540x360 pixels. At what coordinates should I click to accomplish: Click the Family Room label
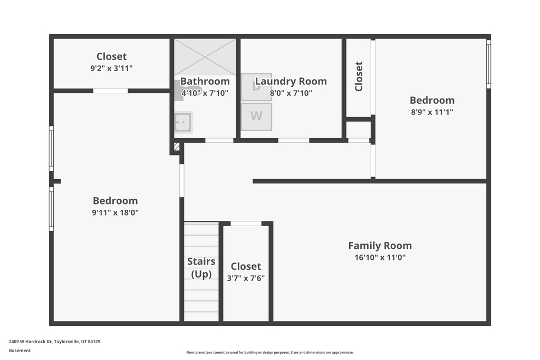[x=380, y=246]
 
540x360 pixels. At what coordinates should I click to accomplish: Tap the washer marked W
[x=257, y=116]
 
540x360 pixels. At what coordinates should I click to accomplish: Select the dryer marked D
[x=257, y=87]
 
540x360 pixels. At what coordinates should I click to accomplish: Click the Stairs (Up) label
[x=201, y=267]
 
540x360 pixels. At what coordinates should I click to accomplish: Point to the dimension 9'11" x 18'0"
[x=115, y=212]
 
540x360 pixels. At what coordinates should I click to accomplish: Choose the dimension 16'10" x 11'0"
[x=380, y=257]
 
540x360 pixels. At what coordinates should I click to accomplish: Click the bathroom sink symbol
[x=183, y=122]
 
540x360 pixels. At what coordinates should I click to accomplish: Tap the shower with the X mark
[x=205, y=57]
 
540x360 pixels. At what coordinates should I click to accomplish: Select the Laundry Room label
[x=291, y=81]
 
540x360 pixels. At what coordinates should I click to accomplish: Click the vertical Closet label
[x=359, y=76]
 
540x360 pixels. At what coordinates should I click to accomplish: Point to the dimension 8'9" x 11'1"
[x=432, y=112]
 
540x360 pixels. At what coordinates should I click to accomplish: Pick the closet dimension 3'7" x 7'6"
[x=246, y=278]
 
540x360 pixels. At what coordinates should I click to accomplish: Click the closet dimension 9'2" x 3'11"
[x=111, y=68]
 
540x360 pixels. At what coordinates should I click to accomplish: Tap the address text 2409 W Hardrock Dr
[x=30, y=342]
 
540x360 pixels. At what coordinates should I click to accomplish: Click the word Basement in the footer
[x=20, y=351]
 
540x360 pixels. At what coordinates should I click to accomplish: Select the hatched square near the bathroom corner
[x=177, y=147]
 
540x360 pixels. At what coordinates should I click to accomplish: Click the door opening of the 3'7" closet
[x=246, y=223]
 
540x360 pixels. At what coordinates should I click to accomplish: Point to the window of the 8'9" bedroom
[x=488, y=64]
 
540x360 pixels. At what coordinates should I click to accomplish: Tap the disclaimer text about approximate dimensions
[x=270, y=353]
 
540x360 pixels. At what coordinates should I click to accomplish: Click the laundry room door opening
[x=293, y=140]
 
